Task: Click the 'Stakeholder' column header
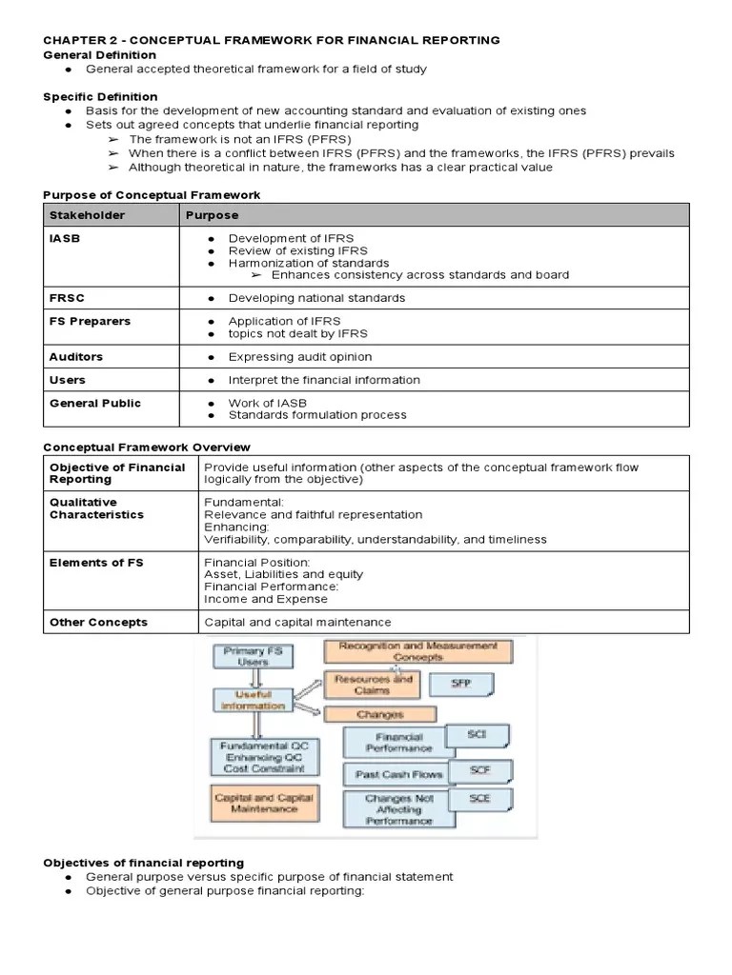87,215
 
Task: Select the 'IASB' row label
65,238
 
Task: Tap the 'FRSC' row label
67,298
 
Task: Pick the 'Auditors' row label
76,357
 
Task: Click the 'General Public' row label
94,403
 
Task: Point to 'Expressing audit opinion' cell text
299,357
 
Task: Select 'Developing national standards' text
316,298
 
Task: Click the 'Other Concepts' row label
98,622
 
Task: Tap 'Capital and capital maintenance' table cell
297,622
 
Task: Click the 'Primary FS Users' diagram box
254,655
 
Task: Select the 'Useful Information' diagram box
253,700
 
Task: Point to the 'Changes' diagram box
380,714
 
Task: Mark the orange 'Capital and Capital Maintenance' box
264,803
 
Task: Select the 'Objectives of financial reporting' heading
143,863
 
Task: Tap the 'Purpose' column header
212,215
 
